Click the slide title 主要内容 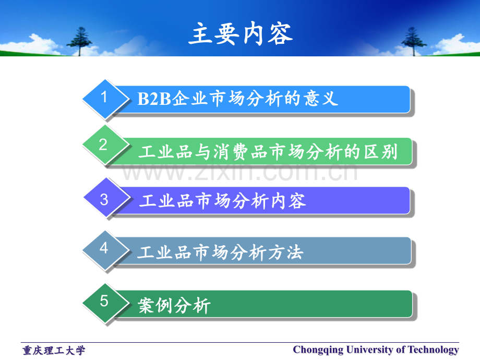[x=241, y=34]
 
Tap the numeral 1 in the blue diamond [x=104, y=97]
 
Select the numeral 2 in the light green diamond [x=103, y=145]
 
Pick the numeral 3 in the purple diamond [x=104, y=200]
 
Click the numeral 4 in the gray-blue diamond [x=104, y=248]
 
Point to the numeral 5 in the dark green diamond [x=104, y=301]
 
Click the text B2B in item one [x=154, y=99]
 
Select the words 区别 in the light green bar [x=380, y=151]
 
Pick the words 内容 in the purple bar [x=289, y=201]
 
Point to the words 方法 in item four [x=285, y=253]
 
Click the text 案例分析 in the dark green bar [x=174, y=305]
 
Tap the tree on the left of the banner [x=80, y=41]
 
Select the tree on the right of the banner [x=413, y=41]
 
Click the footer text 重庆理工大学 [x=54, y=351]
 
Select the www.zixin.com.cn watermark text [x=239, y=172]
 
